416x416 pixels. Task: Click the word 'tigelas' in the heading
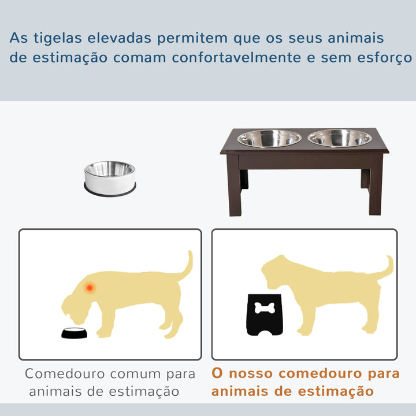click(58, 38)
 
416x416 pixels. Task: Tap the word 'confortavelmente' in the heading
click(236, 58)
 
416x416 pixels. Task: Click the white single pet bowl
click(110, 179)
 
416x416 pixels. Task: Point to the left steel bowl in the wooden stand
click(269, 139)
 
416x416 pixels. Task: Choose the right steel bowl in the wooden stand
click(340, 138)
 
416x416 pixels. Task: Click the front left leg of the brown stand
click(234, 185)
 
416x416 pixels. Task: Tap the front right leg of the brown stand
click(376, 185)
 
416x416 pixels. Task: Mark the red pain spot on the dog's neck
click(90, 287)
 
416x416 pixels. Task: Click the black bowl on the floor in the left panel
click(75, 333)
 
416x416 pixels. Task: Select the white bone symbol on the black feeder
click(265, 308)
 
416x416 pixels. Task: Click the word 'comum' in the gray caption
click(135, 374)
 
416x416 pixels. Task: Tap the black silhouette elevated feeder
click(265, 315)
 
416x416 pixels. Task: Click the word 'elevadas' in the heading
click(120, 38)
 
